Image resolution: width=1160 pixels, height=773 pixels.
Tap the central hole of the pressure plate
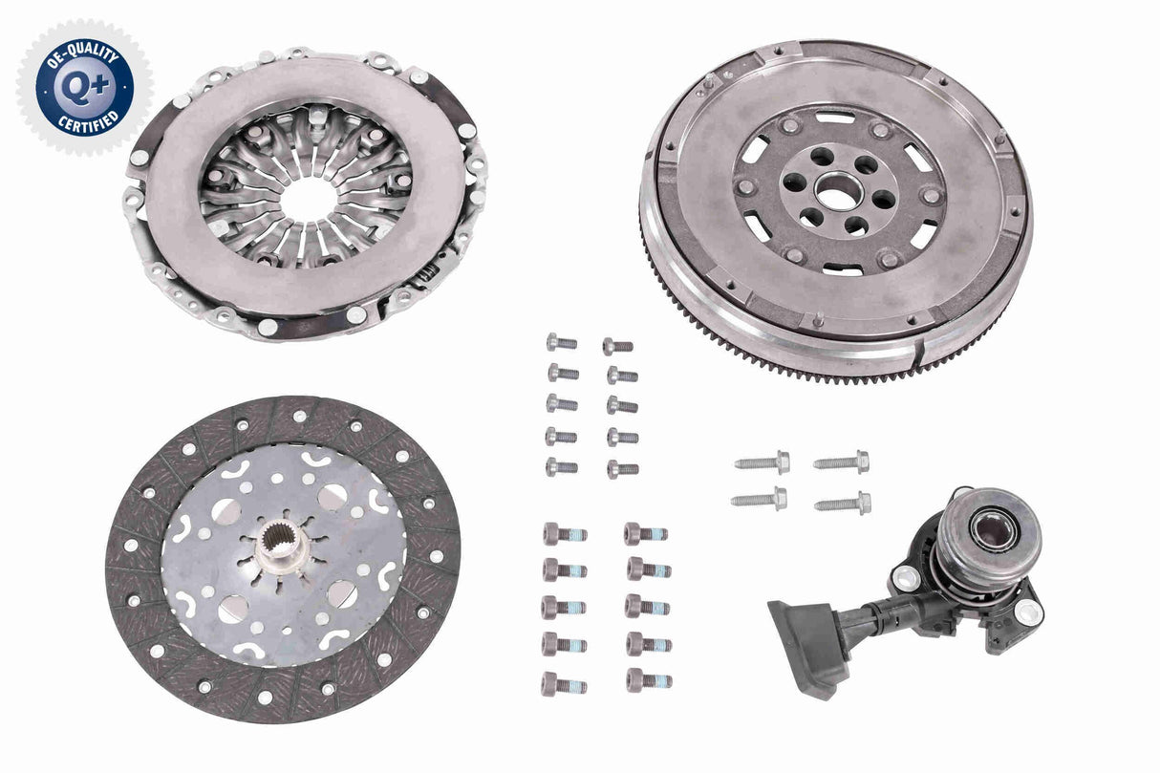(x=308, y=198)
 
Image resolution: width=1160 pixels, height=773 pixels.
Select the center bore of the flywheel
(x=838, y=192)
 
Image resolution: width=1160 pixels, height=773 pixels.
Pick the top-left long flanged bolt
(x=763, y=462)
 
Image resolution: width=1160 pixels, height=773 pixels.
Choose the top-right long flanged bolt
(x=842, y=462)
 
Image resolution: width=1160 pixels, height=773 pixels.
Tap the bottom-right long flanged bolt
(x=843, y=503)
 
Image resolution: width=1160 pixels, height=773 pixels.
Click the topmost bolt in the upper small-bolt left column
(x=562, y=342)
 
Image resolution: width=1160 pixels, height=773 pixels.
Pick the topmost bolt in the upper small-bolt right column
(x=618, y=346)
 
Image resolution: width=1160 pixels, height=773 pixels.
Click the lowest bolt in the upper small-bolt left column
(x=562, y=467)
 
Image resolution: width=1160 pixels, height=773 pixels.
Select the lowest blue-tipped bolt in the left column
(x=564, y=684)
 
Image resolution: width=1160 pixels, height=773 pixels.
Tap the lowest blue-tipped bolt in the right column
(x=648, y=680)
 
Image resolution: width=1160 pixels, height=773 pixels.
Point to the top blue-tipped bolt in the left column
(x=564, y=534)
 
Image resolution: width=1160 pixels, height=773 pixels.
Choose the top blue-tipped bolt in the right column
(x=646, y=533)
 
